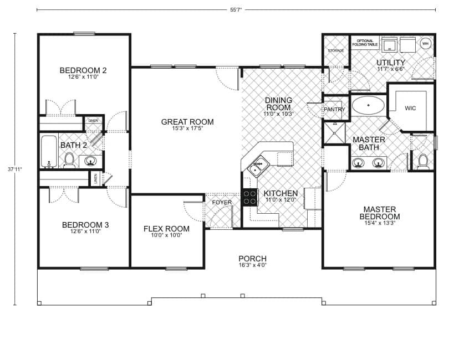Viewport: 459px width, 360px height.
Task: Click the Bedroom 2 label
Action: click(83, 70)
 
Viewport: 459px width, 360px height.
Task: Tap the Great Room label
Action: click(187, 122)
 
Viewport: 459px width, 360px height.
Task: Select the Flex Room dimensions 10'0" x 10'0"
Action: click(166, 235)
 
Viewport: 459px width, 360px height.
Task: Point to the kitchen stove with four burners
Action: click(250, 197)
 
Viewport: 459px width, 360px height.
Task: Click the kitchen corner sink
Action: click(258, 164)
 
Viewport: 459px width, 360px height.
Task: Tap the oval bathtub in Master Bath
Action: click(369, 105)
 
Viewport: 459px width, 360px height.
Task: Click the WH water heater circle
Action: click(426, 43)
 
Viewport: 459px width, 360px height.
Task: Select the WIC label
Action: click(411, 108)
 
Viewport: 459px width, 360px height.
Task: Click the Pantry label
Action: click(334, 110)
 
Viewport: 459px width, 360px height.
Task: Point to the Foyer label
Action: click(222, 202)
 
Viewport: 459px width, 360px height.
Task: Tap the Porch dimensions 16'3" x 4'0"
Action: click(252, 265)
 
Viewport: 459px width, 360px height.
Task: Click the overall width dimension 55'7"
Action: click(236, 9)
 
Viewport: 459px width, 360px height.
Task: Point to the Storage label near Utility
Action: click(336, 50)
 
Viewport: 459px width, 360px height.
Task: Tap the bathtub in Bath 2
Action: click(49, 151)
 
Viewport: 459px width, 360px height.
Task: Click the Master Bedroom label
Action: click(381, 213)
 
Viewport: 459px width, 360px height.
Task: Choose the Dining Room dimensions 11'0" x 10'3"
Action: click(278, 114)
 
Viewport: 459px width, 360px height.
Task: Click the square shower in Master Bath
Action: click(334, 133)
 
